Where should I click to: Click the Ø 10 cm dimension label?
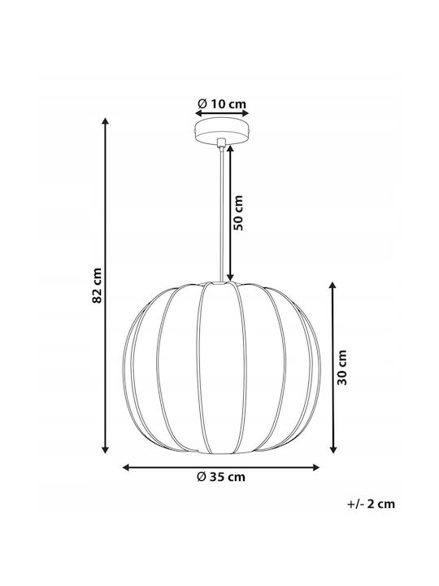(x=222, y=103)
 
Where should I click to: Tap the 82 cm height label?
(x=97, y=286)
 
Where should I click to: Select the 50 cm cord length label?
(x=237, y=212)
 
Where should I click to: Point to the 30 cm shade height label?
(x=342, y=367)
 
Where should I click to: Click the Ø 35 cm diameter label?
(x=221, y=477)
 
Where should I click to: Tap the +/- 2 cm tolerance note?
(x=371, y=504)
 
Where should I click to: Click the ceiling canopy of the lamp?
(x=222, y=131)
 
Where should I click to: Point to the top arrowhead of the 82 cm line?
(x=105, y=121)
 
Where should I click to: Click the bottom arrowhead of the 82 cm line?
(x=105, y=449)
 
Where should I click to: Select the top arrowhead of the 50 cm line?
(x=230, y=149)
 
